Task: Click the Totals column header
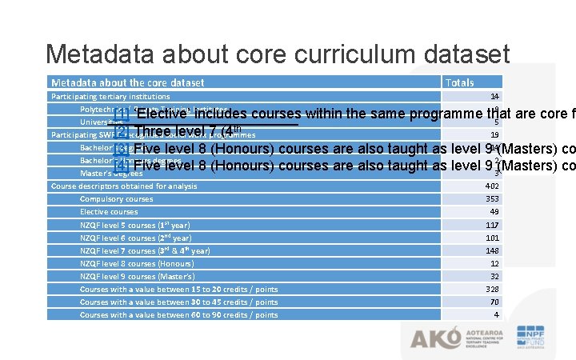[x=459, y=82]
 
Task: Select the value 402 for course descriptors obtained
[x=492, y=186]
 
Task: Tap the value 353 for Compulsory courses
[x=492, y=199]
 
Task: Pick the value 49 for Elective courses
[x=494, y=212]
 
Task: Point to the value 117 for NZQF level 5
[x=492, y=225]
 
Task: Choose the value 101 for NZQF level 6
[x=492, y=238]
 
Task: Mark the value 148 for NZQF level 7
[x=492, y=250]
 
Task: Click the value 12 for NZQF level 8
[x=494, y=263]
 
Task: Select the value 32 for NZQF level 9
[x=494, y=276]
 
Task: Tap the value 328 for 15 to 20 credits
[x=492, y=289]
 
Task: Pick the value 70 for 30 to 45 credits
[x=494, y=302]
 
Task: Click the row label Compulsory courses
[x=116, y=199]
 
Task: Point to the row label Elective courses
[x=109, y=212]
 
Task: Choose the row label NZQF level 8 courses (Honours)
[x=136, y=263]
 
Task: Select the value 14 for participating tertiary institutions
[x=494, y=96]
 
